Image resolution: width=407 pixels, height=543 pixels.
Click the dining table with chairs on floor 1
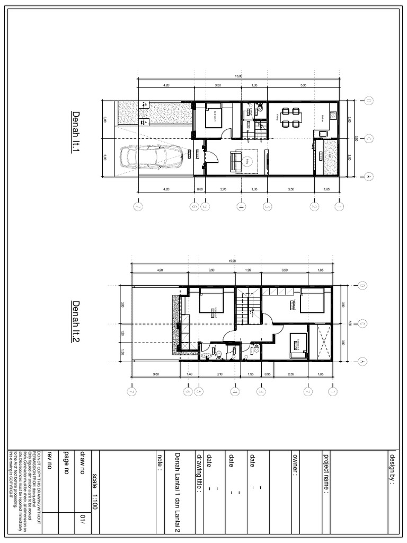(x=289, y=117)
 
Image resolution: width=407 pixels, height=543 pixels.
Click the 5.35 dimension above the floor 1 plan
(x=304, y=85)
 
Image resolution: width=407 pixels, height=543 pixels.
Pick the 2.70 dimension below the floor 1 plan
(x=223, y=188)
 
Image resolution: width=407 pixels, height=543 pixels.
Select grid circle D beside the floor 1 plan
(x=368, y=101)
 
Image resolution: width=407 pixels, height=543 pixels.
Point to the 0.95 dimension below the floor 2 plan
(x=268, y=374)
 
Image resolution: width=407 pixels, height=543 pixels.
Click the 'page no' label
(x=66, y=467)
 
